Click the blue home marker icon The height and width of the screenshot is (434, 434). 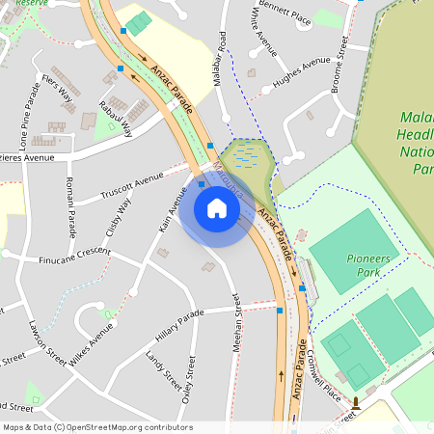[217, 207]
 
